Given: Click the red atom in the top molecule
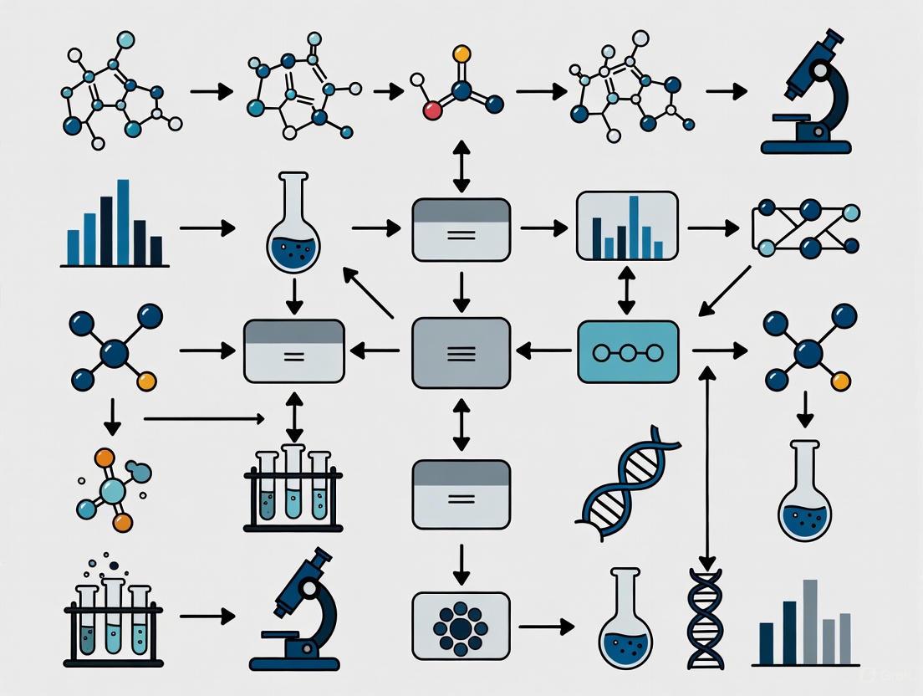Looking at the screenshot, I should [x=431, y=110].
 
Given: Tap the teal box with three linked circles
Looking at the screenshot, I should [x=628, y=352].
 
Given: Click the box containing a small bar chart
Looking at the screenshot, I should [x=627, y=226].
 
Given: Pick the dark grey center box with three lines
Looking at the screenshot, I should [x=461, y=352].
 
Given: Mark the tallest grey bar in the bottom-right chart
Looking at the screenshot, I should [x=809, y=620].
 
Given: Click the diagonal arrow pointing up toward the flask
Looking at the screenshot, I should [x=369, y=293].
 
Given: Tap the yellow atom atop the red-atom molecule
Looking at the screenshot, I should [x=461, y=54].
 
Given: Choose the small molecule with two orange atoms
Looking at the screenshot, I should [x=113, y=489].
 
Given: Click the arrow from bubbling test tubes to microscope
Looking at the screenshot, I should [x=207, y=617].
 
